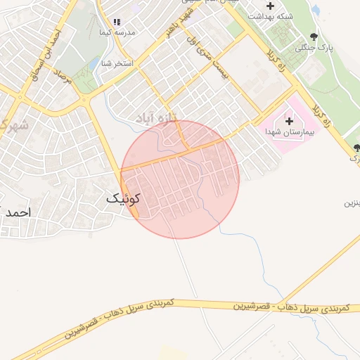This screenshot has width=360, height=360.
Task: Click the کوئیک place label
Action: pyautogui.click(x=124, y=199)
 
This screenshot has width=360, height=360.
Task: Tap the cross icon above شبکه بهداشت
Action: pyautogui.click(x=270, y=6)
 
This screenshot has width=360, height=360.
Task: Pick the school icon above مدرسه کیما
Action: pyautogui.click(x=117, y=22)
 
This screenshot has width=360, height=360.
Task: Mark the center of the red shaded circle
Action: pyautogui.click(x=180, y=179)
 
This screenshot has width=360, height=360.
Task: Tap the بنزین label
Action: pyautogui.click(x=352, y=203)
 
